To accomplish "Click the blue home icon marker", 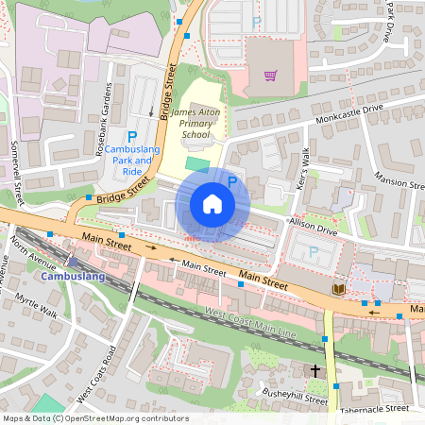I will coord(212,204).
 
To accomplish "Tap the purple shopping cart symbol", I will coord(271,75).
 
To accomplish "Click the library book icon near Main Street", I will coord(338,288).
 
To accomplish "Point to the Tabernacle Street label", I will coord(376,408).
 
